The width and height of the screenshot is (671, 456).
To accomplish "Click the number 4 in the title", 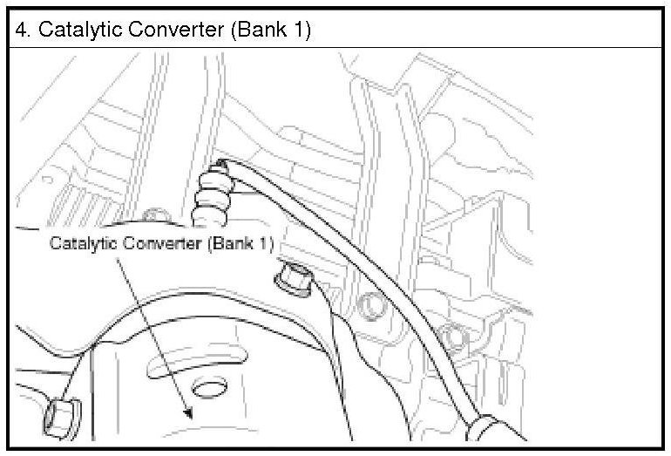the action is [22, 30].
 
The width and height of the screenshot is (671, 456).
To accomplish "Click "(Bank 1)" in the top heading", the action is [271, 30].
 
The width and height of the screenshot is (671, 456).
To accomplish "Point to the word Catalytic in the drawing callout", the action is [83, 243].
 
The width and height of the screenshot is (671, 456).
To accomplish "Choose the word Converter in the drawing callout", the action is [163, 243].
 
